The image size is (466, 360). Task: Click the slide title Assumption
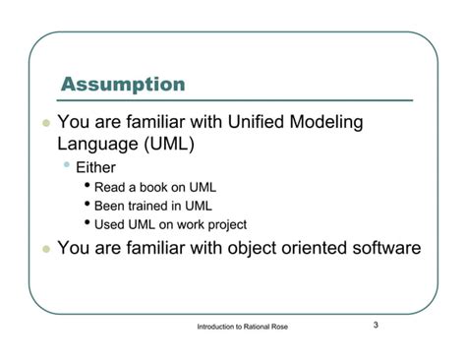123,85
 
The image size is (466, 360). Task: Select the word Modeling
326,123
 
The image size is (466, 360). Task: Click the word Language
97,145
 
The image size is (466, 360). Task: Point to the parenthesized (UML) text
169,145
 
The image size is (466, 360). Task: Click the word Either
95,167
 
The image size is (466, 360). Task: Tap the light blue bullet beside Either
67,164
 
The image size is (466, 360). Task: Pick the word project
227,225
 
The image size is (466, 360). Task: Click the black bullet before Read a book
87,185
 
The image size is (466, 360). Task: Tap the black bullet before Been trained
87,204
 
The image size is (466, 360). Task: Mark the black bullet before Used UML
87,222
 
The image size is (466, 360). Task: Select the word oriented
314,248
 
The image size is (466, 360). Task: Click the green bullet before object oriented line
46,249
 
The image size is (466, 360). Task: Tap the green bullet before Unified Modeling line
46,123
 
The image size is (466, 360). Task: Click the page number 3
376,325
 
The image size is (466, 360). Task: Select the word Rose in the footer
280,327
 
